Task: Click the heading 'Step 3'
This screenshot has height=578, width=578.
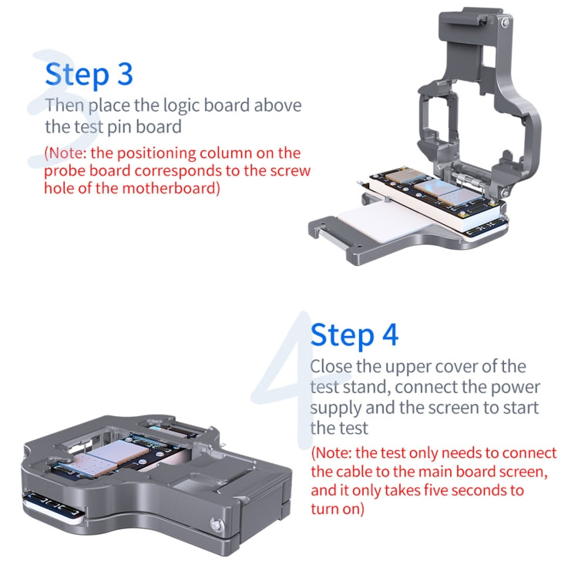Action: pyautogui.click(x=89, y=74)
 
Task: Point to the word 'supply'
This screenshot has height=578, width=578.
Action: pyautogui.click(x=335, y=407)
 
